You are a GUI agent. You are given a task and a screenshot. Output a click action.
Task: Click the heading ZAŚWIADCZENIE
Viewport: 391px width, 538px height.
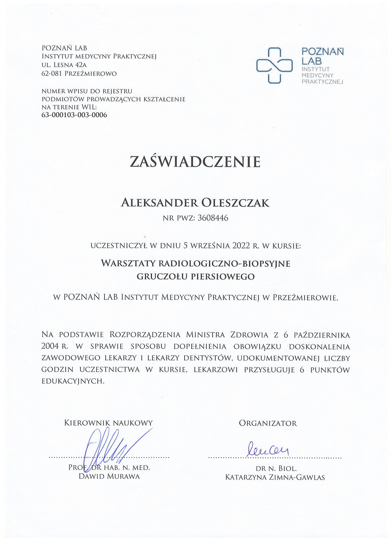[x=195, y=162]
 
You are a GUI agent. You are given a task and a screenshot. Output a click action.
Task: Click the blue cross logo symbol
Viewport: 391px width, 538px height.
[x=274, y=65]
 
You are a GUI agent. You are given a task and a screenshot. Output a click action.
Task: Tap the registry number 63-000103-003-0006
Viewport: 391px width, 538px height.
[x=74, y=115]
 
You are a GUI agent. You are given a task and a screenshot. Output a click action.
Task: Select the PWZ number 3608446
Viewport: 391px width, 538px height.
[x=213, y=218]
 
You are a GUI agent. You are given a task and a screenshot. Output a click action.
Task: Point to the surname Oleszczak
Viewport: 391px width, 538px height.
[x=235, y=203]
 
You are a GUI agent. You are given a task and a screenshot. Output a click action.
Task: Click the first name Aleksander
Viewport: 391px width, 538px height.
[x=159, y=203]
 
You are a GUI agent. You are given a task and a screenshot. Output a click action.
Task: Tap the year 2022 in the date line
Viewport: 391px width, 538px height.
[x=241, y=246]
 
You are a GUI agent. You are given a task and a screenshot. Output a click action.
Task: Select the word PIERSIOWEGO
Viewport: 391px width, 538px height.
[x=223, y=277]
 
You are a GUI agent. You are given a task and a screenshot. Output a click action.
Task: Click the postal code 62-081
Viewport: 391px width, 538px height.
[x=52, y=74]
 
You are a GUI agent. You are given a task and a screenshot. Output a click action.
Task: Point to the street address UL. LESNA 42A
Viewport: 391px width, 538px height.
[x=64, y=65]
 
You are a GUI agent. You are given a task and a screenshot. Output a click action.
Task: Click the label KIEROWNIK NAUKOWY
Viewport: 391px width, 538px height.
[x=108, y=423]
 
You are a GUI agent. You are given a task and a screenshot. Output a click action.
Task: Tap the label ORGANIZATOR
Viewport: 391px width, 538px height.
[x=268, y=423]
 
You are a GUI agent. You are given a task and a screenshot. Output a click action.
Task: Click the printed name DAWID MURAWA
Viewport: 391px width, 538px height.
[x=109, y=476]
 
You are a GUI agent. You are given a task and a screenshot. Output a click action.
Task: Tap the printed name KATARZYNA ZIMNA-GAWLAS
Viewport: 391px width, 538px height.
[x=275, y=477]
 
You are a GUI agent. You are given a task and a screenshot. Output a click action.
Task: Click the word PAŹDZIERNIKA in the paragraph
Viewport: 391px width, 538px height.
[x=322, y=335]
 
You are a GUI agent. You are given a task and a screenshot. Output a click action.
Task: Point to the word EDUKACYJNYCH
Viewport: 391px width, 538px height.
[x=73, y=381]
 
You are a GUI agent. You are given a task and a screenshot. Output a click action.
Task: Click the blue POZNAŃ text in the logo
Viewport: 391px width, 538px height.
[x=323, y=52]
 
